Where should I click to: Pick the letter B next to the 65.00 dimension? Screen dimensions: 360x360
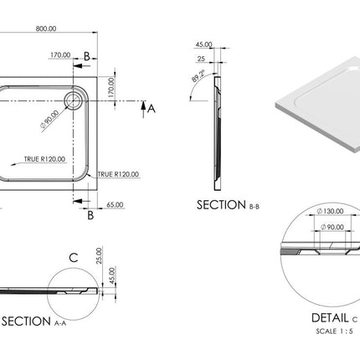pos(90,215)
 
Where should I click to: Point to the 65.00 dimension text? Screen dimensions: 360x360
pos(115,203)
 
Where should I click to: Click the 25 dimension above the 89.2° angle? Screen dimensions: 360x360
pos(202,59)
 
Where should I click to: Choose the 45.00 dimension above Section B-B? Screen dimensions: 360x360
pos(202,45)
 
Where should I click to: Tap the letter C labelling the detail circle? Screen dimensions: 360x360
pos(74,257)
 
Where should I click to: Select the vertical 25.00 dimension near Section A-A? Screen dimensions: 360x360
pos(98,255)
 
